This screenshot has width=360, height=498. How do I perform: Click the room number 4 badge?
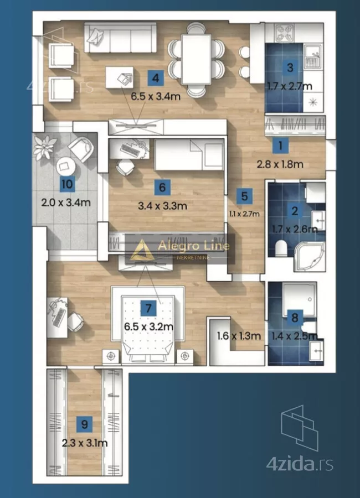click(156, 78)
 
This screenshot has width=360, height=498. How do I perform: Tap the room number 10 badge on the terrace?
click(67, 184)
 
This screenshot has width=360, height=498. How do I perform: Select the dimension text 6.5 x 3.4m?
click(156, 96)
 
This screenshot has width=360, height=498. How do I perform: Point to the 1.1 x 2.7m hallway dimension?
click(244, 214)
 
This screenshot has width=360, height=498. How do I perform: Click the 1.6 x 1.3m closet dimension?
click(239, 336)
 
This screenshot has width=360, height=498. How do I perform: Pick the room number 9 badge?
click(85, 424)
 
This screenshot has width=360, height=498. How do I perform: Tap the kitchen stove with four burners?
click(284, 33)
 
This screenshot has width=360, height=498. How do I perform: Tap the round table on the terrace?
click(65, 166)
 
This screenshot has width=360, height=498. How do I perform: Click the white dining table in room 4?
click(196, 59)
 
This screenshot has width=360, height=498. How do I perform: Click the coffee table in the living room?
click(119, 77)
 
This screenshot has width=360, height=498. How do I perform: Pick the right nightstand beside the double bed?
click(185, 356)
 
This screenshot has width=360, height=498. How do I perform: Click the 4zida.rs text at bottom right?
click(300, 464)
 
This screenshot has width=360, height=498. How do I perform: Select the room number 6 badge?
click(162, 188)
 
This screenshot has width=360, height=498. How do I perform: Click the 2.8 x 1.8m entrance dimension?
click(280, 164)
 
